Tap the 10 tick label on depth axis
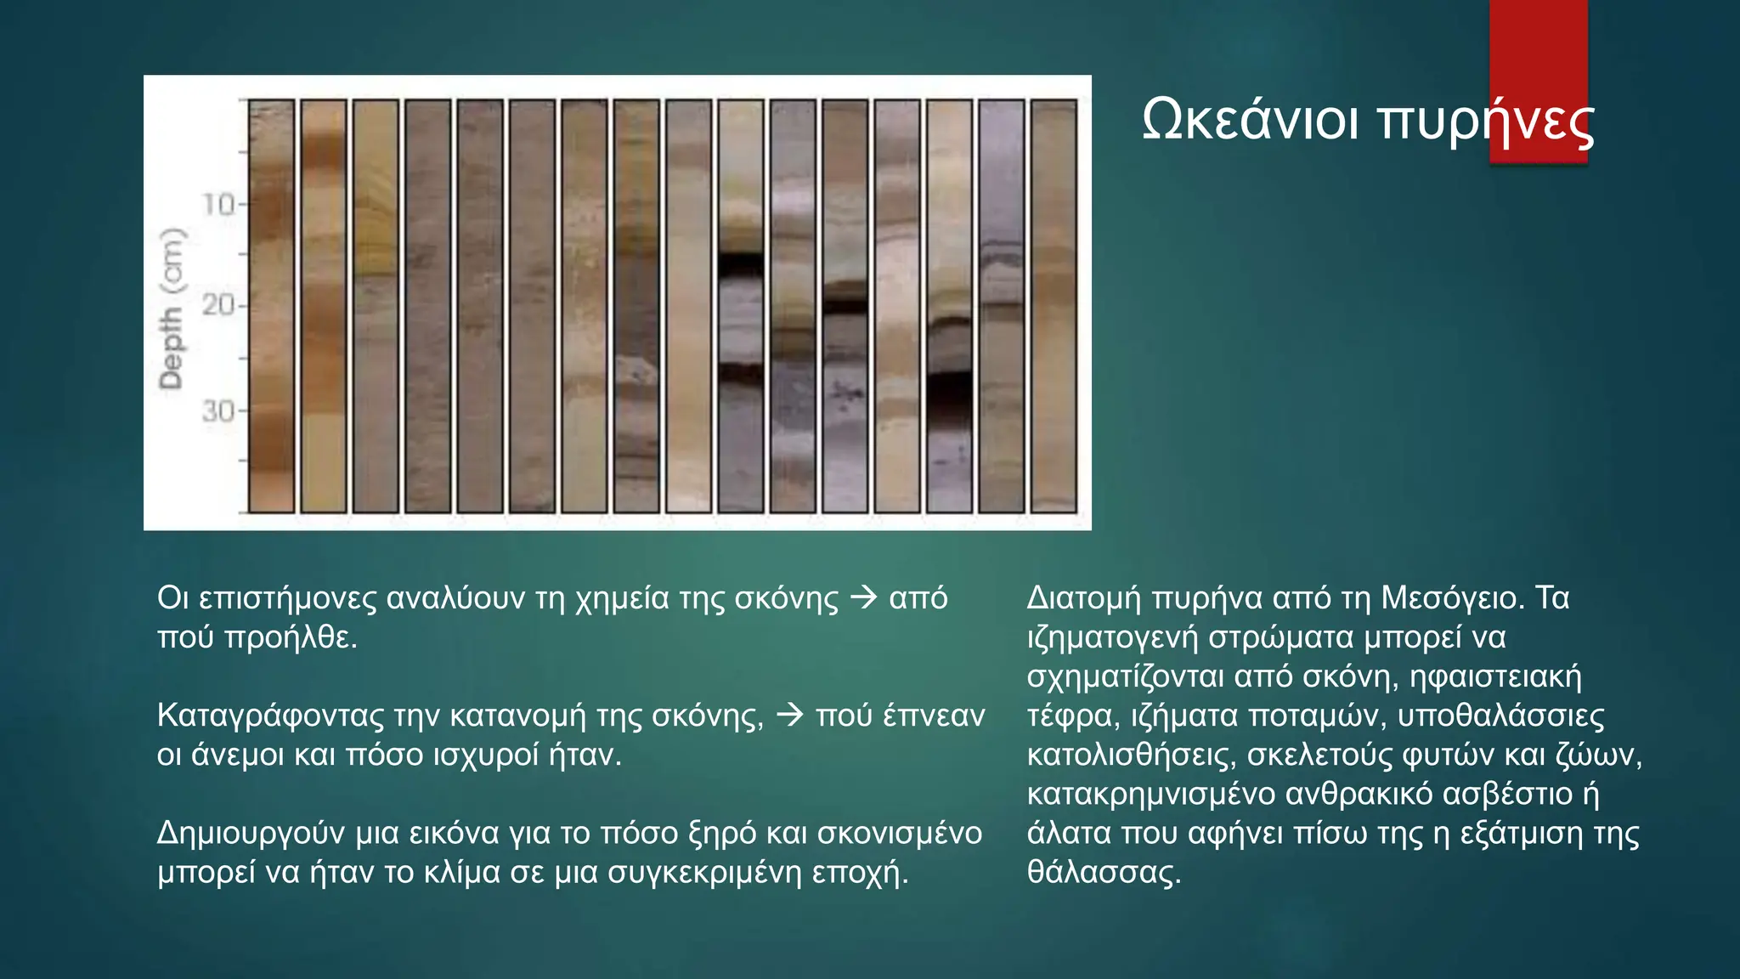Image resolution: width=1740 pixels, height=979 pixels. pos(219,204)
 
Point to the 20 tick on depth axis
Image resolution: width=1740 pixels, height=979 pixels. pos(219,304)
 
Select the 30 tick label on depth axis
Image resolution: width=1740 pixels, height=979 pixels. pos(219,411)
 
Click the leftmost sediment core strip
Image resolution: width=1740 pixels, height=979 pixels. pos(272,306)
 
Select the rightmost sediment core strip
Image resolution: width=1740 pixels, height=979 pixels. pos(1053,306)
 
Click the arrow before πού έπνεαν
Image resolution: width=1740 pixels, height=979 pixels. pos(789,716)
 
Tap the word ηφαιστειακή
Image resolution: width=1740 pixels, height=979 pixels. pos(1495,676)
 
